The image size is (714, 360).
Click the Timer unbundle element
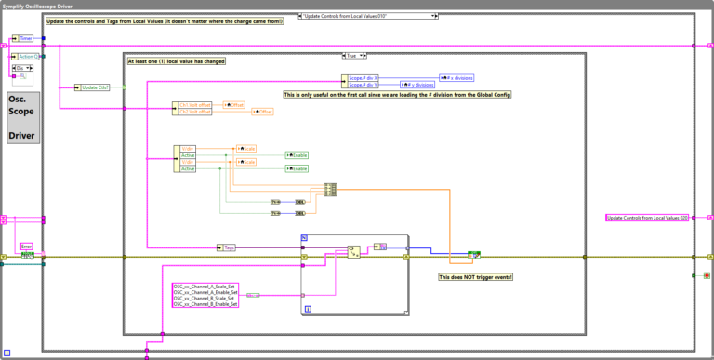(25, 39)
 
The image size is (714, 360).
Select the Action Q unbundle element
(28, 56)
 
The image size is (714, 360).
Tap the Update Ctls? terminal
(93, 87)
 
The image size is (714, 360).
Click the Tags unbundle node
(229, 247)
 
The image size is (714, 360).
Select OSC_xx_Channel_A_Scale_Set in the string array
(205, 286)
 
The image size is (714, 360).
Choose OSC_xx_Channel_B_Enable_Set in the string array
(205, 304)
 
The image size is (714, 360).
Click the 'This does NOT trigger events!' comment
(475, 277)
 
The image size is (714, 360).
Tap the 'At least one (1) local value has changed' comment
(177, 60)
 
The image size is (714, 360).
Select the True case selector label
(352, 55)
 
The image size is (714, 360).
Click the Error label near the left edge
(27, 247)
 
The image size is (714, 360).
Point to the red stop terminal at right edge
(693, 276)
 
